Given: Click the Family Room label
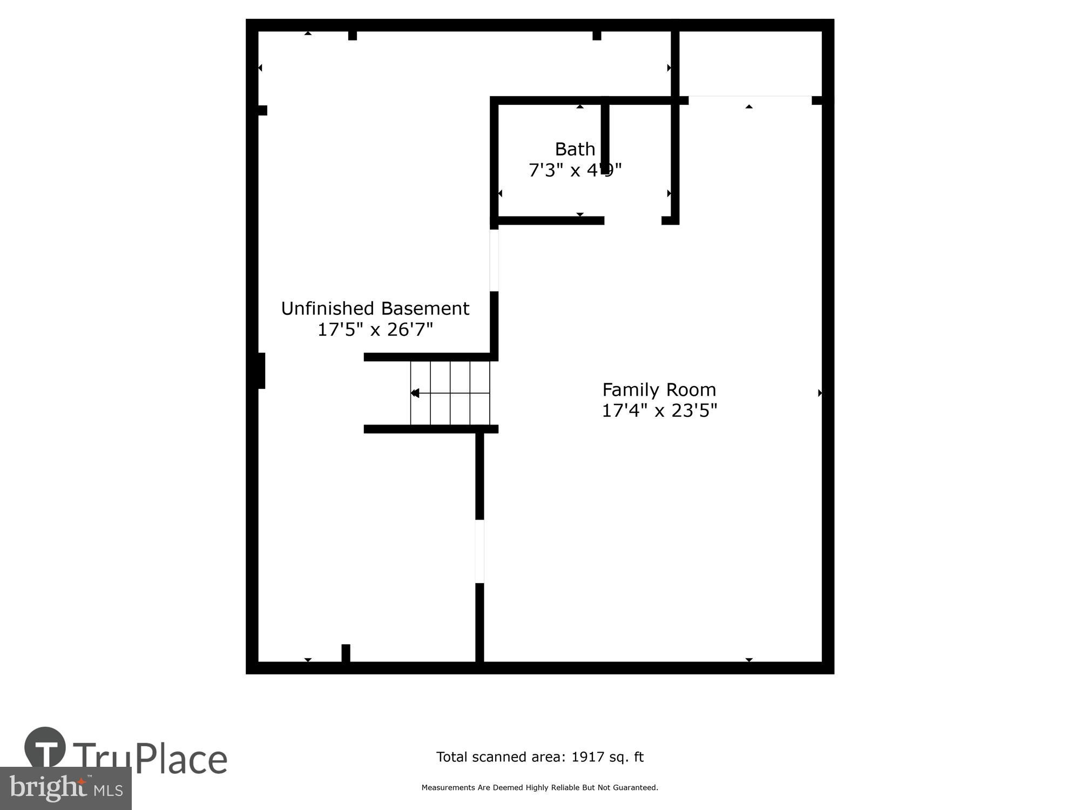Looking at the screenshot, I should pos(659,389).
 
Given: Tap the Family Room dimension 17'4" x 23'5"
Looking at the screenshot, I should pos(659,411).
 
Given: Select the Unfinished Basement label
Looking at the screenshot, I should pos(375,308).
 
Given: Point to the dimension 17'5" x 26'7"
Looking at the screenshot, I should pos(375,329).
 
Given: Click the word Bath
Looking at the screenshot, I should pos(575,148).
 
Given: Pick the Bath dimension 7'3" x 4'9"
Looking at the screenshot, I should pos(575,170).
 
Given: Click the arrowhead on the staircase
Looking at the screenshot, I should pos(415,393).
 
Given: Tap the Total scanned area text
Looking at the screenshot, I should pos(539,757).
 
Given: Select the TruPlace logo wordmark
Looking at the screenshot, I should pos(150,758).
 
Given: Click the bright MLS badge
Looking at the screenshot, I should pos(66,788).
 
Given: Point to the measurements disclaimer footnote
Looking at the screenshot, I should pos(539,788).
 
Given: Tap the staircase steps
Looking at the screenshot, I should pos(450,393).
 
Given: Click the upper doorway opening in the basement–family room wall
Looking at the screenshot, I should pos(494,260).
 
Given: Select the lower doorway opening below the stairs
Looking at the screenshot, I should pos(480,551).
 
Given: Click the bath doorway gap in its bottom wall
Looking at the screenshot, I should pos(633,220).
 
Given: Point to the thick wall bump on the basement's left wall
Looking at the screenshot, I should pos(261,370).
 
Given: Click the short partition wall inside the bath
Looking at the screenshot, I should pos(605,135).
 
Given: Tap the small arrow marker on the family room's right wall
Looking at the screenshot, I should pos(820,393).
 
